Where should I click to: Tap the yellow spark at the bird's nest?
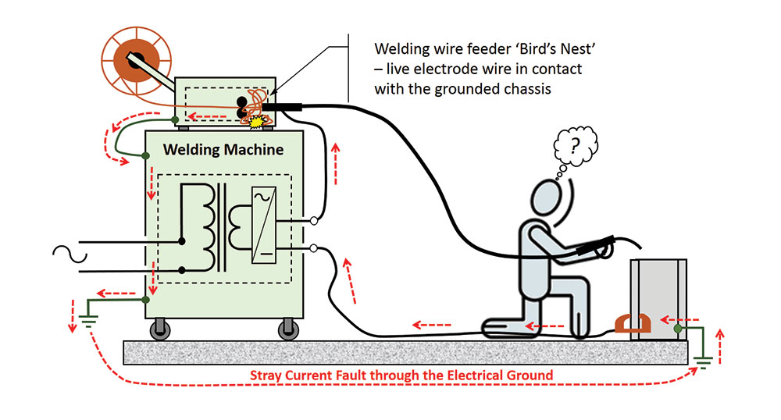[255, 121]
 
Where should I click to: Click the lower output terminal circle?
[313, 249]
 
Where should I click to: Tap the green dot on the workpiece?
[678, 329]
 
